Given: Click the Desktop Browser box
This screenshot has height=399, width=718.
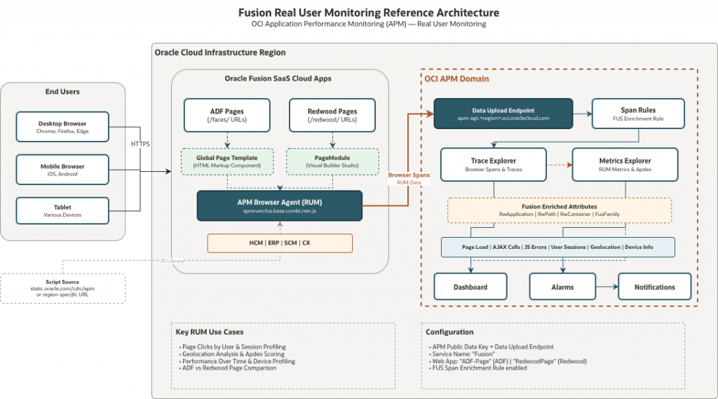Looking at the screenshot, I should (x=62, y=127).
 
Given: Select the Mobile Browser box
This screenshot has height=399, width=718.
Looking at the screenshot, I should (x=62, y=170).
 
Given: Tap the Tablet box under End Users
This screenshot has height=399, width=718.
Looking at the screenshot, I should (x=62, y=210).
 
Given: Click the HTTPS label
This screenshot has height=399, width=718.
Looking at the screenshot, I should (x=141, y=144).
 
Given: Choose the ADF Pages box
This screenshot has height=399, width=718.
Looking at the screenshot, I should (x=226, y=115).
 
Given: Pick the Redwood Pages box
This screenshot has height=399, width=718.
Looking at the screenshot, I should (x=332, y=115).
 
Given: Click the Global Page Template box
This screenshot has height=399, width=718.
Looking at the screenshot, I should (x=226, y=161).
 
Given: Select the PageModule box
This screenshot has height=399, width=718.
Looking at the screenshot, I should (x=332, y=161).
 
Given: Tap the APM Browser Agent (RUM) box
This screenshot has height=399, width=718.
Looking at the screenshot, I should (x=280, y=206).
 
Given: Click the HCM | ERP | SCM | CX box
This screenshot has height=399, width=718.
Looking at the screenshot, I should (x=280, y=243).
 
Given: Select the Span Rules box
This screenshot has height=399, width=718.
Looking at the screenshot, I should (x=638, y=114).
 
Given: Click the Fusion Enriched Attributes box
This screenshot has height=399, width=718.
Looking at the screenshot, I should (x=559, y=210).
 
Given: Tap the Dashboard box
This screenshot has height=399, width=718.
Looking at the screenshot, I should (x=470, y=287).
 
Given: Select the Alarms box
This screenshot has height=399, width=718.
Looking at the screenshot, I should (x=562, y=287).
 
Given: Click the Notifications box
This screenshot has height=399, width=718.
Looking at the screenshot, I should (x=654, y=287).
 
